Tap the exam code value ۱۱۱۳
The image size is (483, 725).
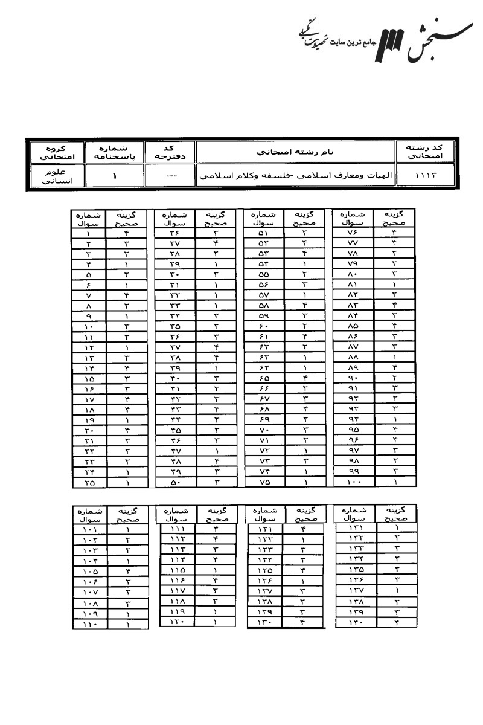click(425, 176)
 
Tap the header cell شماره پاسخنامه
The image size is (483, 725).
click(115, 151)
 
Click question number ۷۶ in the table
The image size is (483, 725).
click(353, 233)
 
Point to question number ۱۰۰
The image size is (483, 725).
click(353, 483)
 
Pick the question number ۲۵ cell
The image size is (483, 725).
click(89, 483)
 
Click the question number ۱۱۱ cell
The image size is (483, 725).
click(177, 528)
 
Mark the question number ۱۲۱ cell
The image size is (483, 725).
click(264, 528)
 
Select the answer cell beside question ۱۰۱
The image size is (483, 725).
click(128, 529)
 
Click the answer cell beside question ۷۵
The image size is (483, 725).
click(305, 483)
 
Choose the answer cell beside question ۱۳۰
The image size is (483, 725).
click(303, 622)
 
